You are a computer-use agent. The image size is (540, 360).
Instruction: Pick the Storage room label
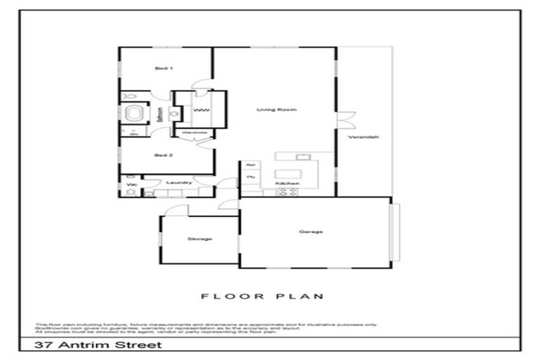(x=200, y=239)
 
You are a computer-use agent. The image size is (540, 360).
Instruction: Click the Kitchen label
(x=292, y=183)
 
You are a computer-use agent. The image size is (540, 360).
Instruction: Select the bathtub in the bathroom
(x=134, y=113)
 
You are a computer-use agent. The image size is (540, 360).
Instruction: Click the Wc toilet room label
(x=131, y=186)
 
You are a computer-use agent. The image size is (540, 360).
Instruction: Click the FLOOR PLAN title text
(x=262, y=296)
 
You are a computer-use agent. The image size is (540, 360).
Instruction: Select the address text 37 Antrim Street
(x=99, y=345)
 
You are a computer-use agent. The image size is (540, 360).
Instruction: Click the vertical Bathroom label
(x=160, y=115)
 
